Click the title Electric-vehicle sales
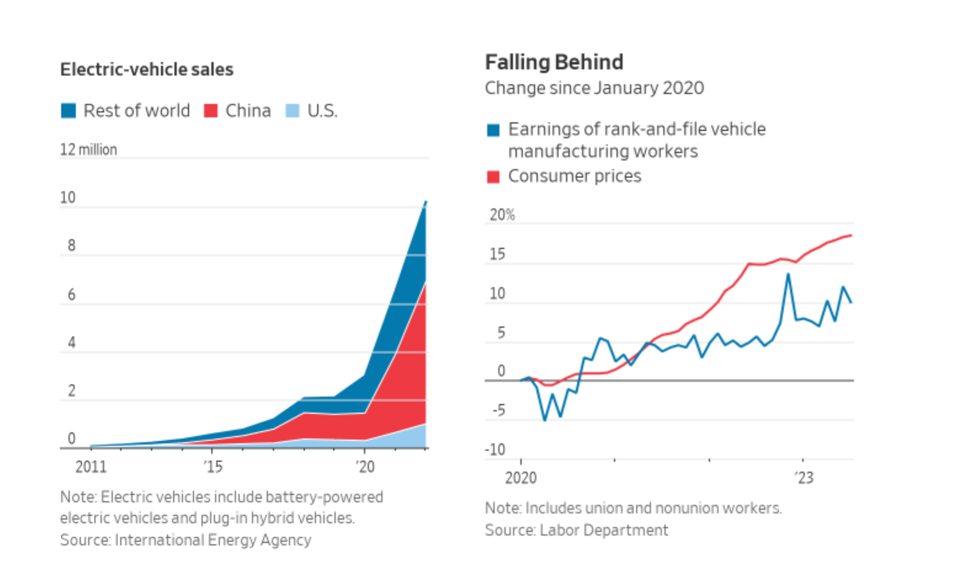click(x=146, y=69)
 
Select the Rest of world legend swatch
click(x=68, y=111)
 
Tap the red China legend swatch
click(x=211, y=111)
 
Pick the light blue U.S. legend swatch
click(x=292, y=111)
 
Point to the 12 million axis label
click(x=88, y=149)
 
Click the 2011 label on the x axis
click(x=91, y=467)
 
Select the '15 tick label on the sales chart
click(x=213, y=467)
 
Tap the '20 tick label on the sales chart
click(x=365, y=467)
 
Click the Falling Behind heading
click(x=554, y=62)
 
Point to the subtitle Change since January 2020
click(x=594, y=88)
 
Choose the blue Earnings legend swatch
click(x=493, y=130)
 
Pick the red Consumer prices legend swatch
click(x=493, y=177)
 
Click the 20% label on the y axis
click(x=502, y=215)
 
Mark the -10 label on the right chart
click(x=495, y=450)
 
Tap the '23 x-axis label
click(x=804, y=478)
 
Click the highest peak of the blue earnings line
click(x=788, y=274)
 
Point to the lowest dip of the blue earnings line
click(x=544, y=420)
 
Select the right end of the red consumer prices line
click(x=851, y=235)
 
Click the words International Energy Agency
click(x=213, y=540)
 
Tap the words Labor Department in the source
click(x=603, y=530)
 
